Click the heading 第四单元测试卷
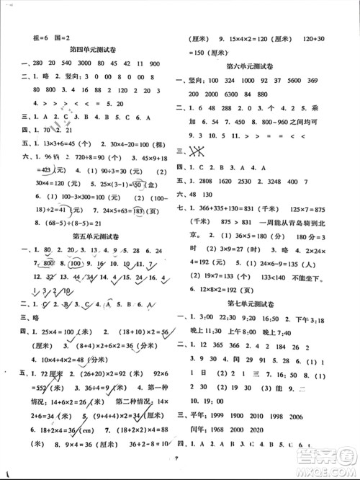click(x=95, y=50)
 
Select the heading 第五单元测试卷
click(x=95, y=236)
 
